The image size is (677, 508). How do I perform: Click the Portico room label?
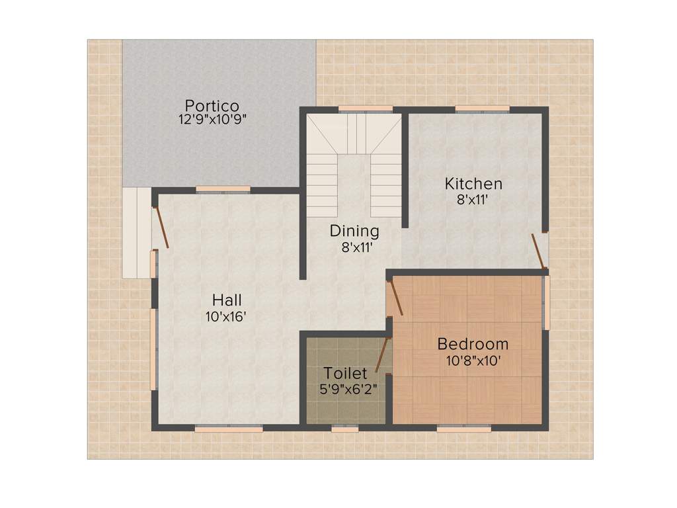tap(212, 105)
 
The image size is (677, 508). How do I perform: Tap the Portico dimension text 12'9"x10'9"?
tap(212, 120)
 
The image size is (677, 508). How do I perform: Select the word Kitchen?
tap(473, 183)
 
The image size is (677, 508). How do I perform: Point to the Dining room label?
tap(354, 231)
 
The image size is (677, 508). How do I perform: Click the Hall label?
tap(226, 301)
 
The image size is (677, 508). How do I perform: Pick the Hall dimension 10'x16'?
tap(226, 316)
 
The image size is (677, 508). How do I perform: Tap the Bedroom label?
tap(473, 344)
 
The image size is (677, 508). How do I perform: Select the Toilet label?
tap(345, 374)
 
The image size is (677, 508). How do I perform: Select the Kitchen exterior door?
tap(539, 251)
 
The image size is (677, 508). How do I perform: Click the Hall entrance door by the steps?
tap(161, 228)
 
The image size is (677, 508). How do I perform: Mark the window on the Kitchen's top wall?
tap(482, 108)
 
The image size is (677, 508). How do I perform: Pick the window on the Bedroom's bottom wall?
tap(463, 429)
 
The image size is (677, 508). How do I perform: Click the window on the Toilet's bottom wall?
tap(344, 429)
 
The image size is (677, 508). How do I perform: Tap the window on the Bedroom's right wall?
tap(546, 302)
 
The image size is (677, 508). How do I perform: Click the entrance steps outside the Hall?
tap(136, 232)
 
